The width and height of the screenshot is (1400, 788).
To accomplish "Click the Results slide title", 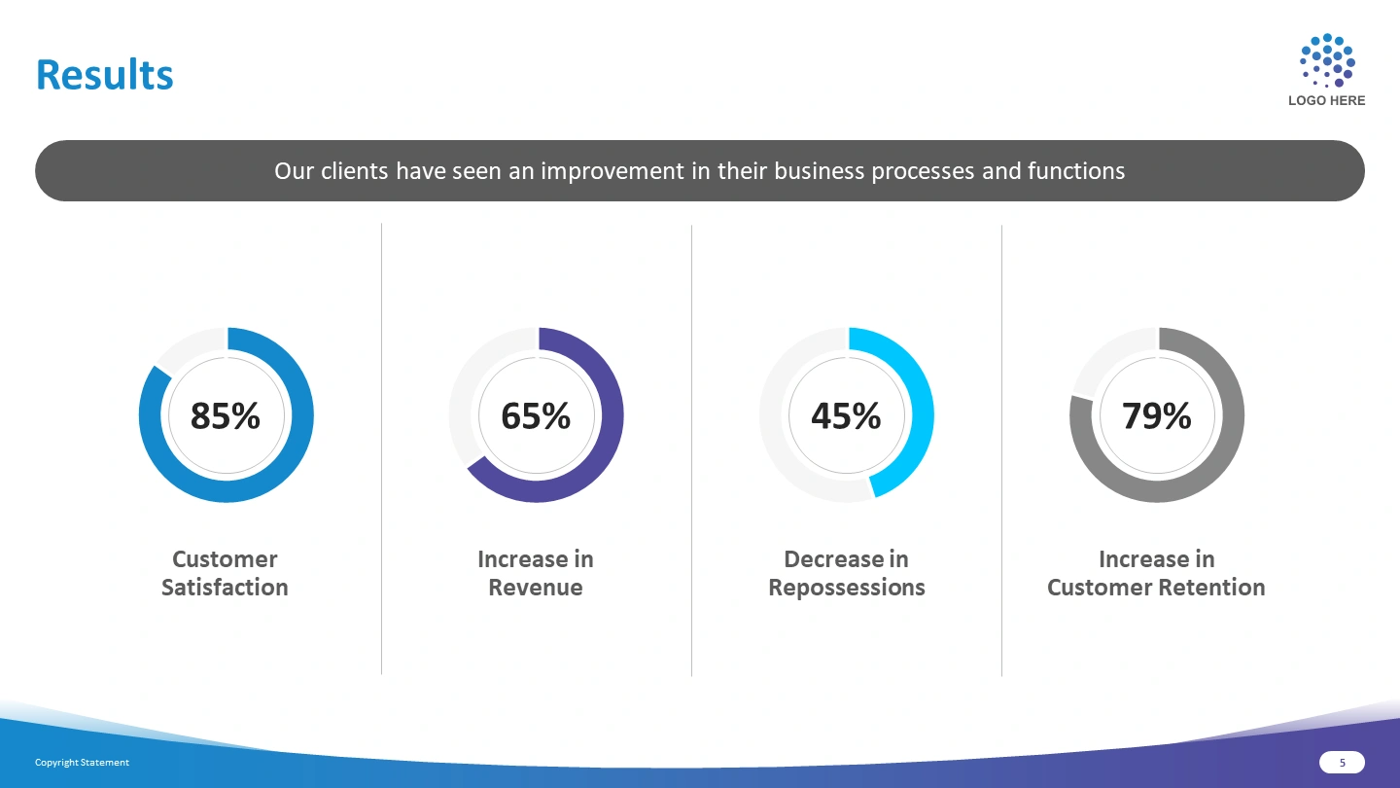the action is coord(104,75).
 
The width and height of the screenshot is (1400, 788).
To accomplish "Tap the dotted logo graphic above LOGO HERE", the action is coord(1327,60).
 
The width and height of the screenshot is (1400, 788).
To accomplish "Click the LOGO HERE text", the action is coord(1326,101).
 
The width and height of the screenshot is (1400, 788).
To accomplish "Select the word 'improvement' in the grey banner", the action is coord(612,171).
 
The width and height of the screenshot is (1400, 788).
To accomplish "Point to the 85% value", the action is coord(225,416).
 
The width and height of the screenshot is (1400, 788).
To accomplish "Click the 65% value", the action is coord(536,416).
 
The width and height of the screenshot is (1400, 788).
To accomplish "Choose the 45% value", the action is coord(846,416).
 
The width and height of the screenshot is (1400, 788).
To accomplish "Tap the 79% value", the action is coord(1156,416).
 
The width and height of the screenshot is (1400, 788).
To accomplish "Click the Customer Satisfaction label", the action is coord(225,574).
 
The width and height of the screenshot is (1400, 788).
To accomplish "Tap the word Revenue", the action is coord(536,588).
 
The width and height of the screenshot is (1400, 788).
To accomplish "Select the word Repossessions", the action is coord(846,589).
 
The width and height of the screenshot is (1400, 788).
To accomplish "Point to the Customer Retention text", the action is coord(1156,588).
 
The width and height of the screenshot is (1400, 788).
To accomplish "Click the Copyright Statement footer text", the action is coord(82,763).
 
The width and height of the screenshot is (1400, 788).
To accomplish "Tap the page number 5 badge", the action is coord(1342,763).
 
